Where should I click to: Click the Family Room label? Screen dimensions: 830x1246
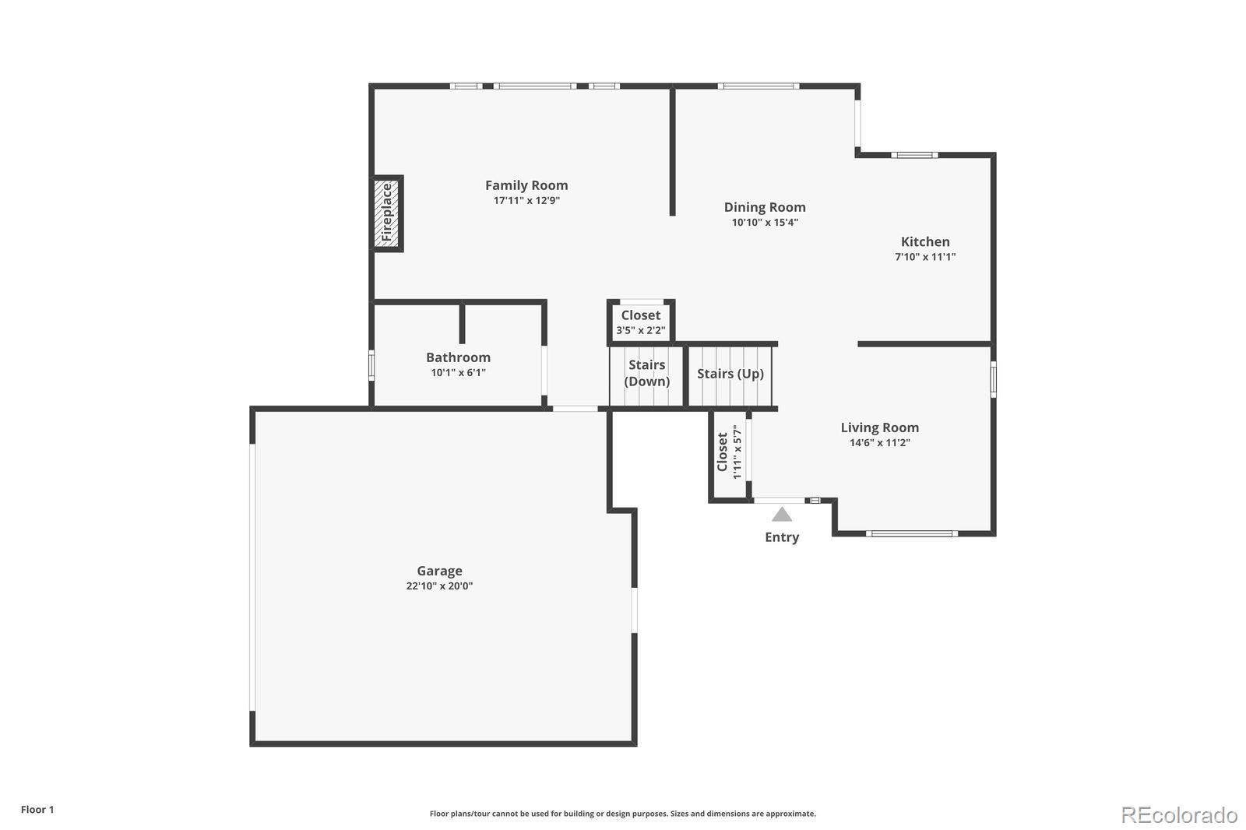(526, 185)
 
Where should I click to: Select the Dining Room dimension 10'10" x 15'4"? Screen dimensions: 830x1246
(765, 223)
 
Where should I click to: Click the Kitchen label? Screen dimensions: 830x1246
(925, 242)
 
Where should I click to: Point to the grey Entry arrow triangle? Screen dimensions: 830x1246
(782, 515)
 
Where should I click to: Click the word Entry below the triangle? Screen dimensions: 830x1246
(782, 537)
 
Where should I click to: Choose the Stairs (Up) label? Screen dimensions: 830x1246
(730, 374)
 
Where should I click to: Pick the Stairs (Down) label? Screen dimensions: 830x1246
(646, 373)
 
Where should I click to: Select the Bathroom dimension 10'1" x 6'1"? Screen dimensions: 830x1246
(458, 373)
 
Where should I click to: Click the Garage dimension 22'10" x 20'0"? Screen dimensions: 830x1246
(439, 586)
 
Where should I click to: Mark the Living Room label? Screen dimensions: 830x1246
(879, 427)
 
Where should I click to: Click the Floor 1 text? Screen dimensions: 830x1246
(37, 810)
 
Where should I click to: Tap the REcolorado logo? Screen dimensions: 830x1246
(1179, 814)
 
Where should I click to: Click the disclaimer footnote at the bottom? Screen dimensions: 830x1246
(622, 814)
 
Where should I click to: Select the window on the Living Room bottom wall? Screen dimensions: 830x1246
(911, 533)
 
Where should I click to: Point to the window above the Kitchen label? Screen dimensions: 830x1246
(914, 155)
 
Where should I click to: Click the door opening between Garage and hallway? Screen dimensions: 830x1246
(575, 408)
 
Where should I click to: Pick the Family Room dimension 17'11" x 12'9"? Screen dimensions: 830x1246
(526, 201)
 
